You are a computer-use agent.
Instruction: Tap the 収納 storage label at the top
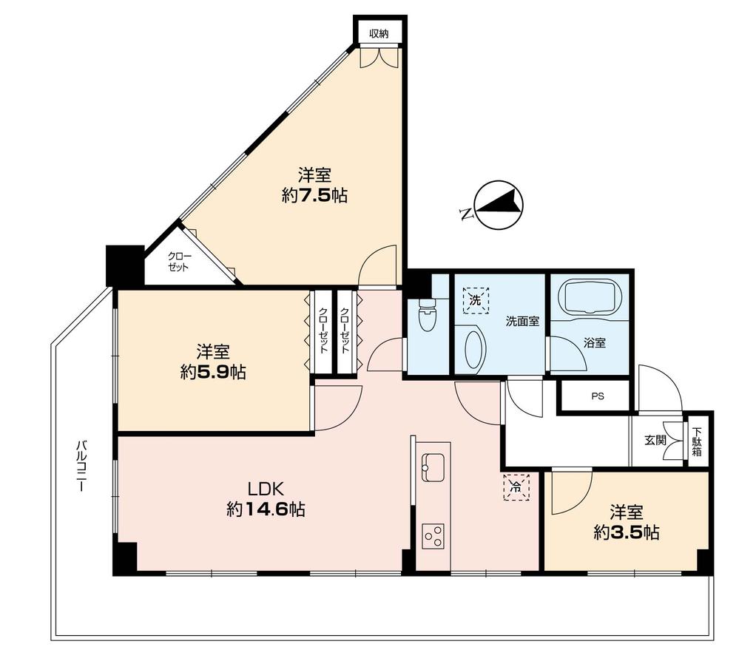379,33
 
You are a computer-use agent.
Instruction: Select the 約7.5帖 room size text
314,195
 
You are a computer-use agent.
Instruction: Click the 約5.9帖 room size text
213,373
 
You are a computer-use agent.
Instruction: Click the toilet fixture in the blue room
427,316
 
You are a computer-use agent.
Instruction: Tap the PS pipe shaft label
598,396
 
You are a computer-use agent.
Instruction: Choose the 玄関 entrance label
655,440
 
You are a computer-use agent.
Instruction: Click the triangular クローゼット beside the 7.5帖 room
181,262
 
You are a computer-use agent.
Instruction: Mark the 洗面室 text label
522,322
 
